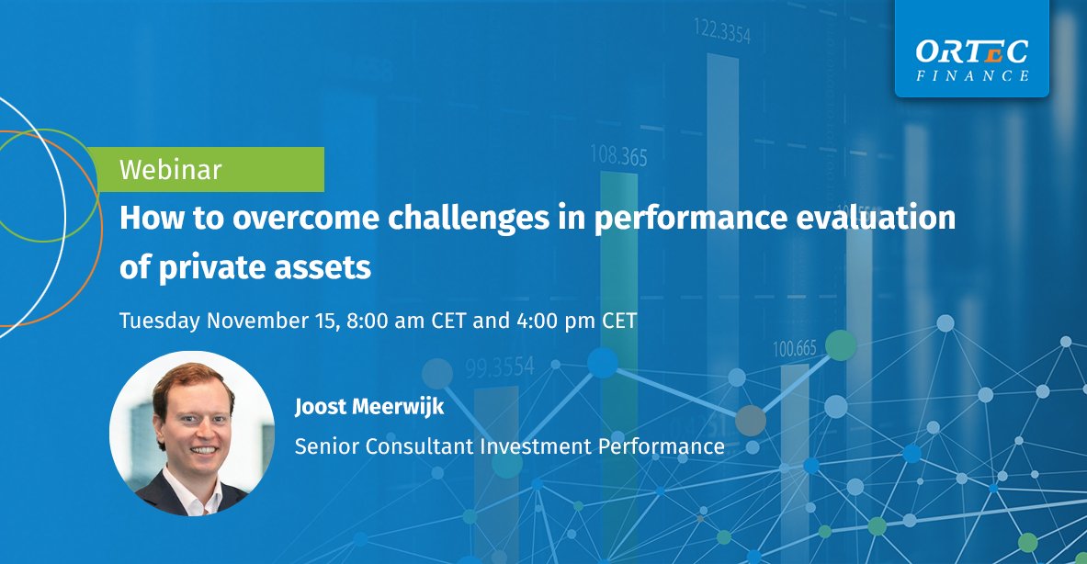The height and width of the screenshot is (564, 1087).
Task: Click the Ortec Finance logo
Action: tap(971, 61)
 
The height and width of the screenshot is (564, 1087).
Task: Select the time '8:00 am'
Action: tap(392, 321)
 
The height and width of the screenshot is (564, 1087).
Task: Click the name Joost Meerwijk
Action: tap(368, 407)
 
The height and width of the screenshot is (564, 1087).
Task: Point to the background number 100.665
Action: tap(794, 349)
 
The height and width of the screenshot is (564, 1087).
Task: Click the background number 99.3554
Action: tap(499, 367)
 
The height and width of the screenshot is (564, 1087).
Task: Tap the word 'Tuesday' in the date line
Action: tap(160, 321)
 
